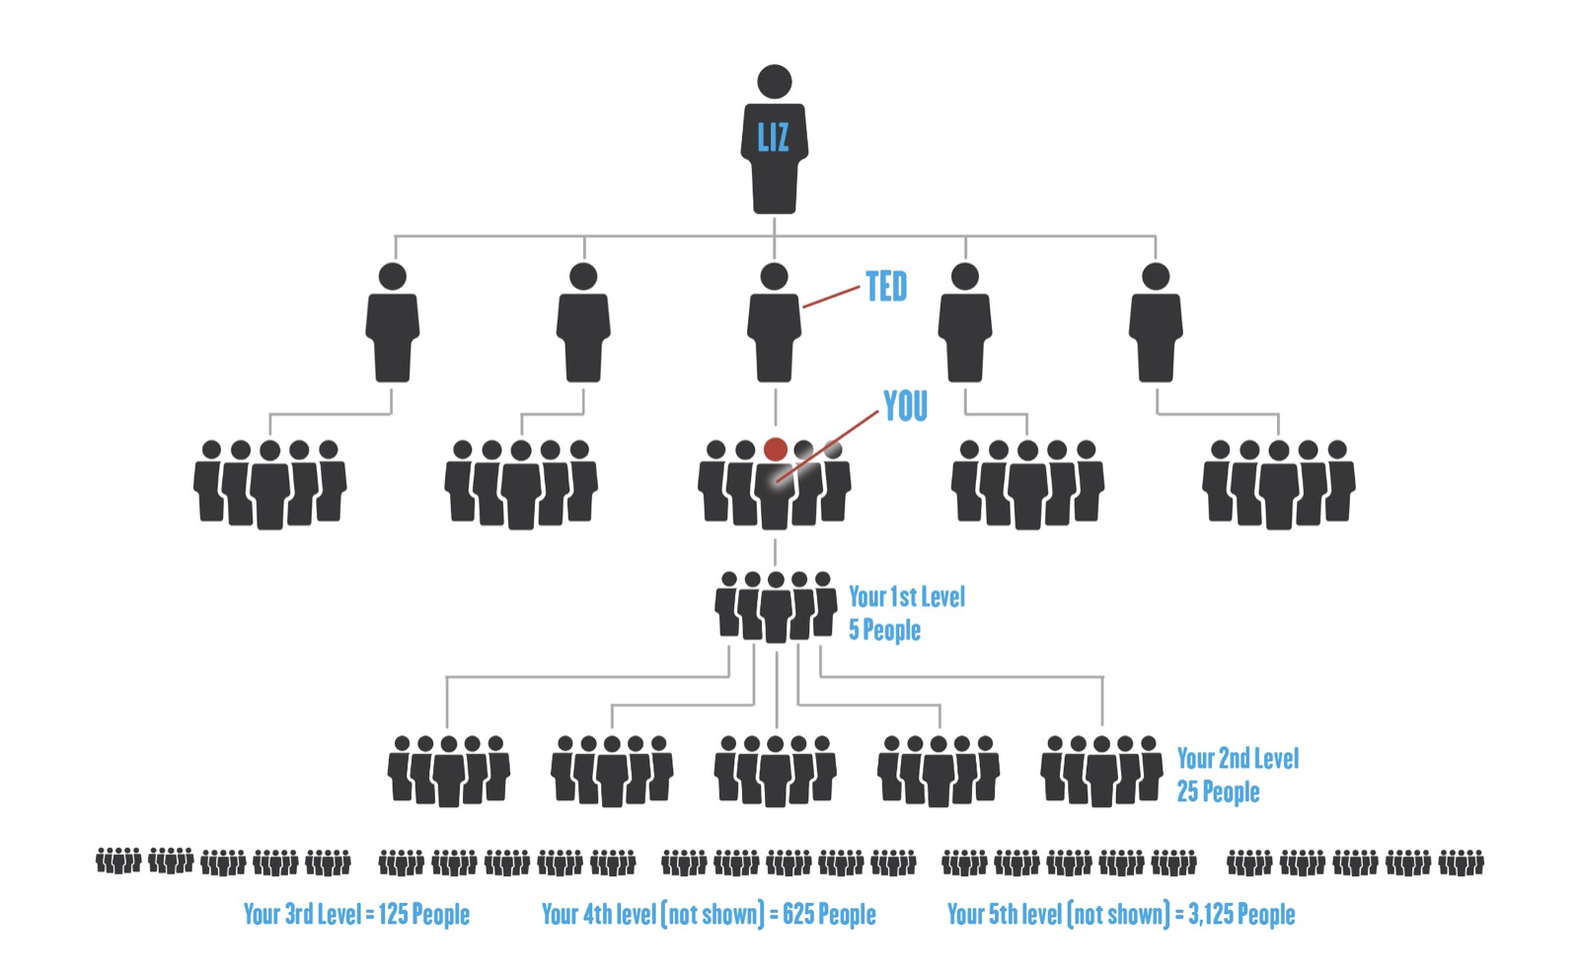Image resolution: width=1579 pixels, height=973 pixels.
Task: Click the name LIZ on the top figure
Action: coord(773,137)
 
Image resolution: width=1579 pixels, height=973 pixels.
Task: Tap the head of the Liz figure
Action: coord(775,82)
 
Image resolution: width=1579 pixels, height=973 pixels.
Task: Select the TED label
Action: coord(886,287)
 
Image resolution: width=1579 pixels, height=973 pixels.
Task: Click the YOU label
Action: coord(905,406)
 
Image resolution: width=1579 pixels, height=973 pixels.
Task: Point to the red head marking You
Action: coord(776,450)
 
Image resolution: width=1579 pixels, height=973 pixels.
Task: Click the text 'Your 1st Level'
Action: coord(907,597)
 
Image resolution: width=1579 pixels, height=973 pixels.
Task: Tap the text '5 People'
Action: coord(884,631)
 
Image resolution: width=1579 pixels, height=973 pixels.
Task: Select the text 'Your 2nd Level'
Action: coord(1238,759)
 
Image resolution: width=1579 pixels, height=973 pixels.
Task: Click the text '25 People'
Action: coord(1218,792)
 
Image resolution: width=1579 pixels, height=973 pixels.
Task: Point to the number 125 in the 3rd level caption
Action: coord(393,915)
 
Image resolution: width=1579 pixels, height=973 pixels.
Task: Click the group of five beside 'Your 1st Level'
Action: coord(776,607)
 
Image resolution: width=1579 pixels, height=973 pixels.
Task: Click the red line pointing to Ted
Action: coord(831,297)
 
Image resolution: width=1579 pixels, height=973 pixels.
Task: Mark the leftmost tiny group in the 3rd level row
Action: coord(117,861)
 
